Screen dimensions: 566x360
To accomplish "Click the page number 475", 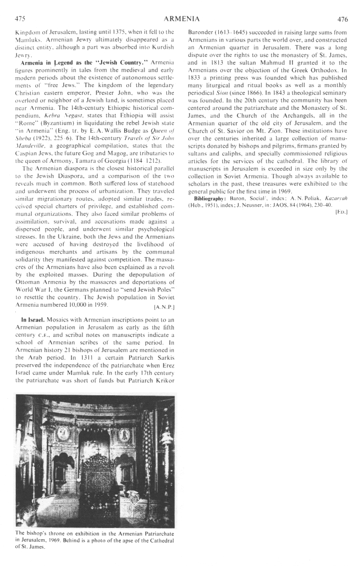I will [20, 19].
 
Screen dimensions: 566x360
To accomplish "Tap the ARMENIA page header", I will [181, 19].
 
